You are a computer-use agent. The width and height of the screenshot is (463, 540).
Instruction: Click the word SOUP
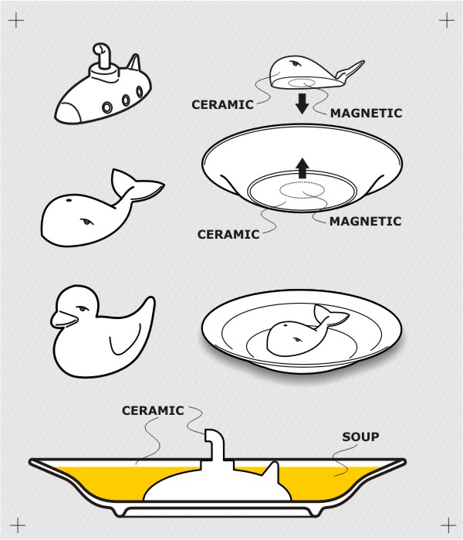click(x=360, y=436)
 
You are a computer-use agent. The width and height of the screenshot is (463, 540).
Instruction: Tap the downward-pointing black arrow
click(x=302, y=104)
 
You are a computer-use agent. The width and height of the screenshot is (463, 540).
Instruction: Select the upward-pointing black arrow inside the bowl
click(x=302, y=168)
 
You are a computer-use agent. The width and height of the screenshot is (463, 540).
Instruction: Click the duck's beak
click(x=63, y=319)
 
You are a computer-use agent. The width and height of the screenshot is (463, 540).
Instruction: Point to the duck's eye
click(x=83, y=308)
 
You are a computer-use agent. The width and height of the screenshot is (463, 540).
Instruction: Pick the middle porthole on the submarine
click(x=126, y=100)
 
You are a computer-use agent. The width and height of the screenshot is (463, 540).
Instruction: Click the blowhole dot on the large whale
click(x=69, y=200)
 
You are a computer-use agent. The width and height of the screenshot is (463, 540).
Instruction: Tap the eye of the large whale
click(x=86, y=221)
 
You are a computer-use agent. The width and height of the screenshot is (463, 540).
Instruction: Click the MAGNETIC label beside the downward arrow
click(x=366, y=113)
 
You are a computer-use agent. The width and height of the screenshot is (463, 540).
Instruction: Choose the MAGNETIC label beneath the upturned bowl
click(x=365, y=221)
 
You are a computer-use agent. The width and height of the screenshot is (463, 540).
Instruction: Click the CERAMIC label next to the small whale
click(x=222, y=104)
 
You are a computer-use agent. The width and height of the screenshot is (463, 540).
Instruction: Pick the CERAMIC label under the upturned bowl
click(x=228, y=234)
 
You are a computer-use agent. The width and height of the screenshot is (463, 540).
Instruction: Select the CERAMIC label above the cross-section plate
click(x=153, y=410)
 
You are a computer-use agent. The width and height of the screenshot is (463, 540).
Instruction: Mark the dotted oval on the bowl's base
click(x=302, y=189)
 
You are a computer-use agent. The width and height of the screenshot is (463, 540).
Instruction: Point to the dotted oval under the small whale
click(x=301, y=83)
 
